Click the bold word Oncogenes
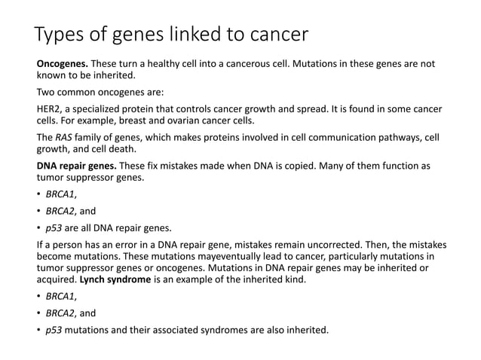pyautogui.click(x=63, y=64)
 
